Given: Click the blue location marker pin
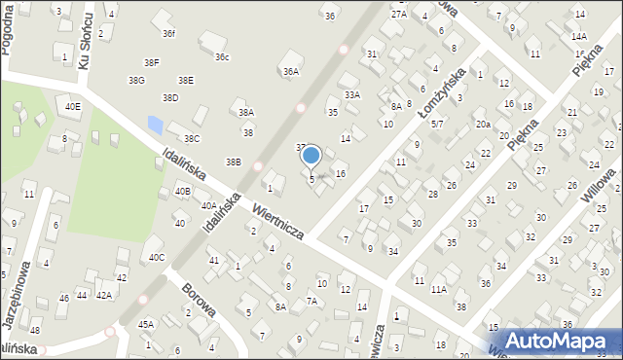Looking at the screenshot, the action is (x=311, y=156).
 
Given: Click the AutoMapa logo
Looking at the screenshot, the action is (x=562, y=342).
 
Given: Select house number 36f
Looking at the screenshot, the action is (x=168, y=34).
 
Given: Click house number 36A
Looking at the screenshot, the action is (x=290, y=71).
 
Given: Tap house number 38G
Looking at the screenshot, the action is (x=136, y=80).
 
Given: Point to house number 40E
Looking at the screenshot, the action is (x=73, y=105).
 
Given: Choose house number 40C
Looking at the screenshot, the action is (x=157, y=257).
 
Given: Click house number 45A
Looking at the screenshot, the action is (x=146, y=324).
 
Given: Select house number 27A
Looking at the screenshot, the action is (x=399, y=15).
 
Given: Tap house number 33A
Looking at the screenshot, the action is (x=352, y=94).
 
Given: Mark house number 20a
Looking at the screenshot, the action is (x=483, y=125).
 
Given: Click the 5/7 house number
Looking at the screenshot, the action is (x=438, y=125).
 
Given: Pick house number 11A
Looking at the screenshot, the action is (x=439, y=289).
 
